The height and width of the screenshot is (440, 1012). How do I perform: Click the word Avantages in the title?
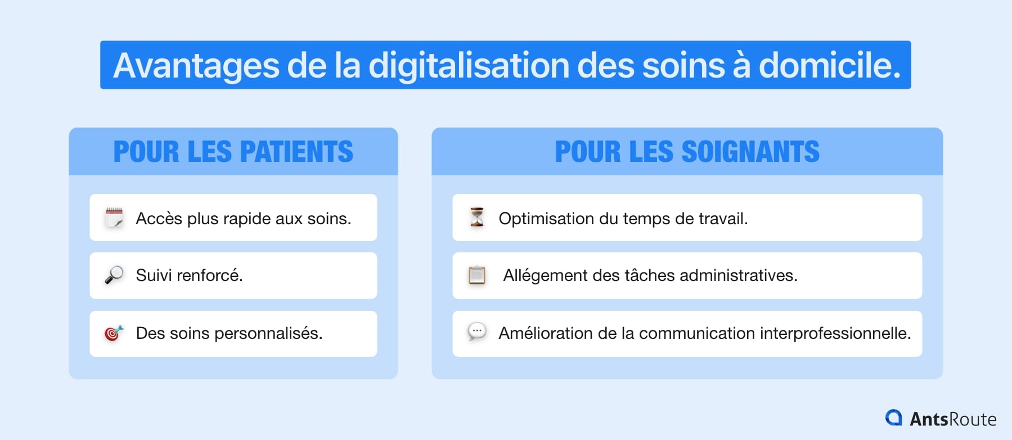[196, 66]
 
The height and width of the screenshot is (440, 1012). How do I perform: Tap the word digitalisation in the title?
[469, 66]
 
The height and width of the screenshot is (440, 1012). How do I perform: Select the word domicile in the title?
[830, 66]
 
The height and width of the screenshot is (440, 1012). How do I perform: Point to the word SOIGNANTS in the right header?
[750, 152]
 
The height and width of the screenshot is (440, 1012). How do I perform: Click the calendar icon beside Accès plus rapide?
[114, 217]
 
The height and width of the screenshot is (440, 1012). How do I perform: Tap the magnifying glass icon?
[114, 275]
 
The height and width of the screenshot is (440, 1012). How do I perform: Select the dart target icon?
[114, 333]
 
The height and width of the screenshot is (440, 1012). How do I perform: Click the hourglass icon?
[477, 217]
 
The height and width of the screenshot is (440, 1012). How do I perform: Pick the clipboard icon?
[477, 275]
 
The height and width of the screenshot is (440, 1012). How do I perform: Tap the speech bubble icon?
[477, 332]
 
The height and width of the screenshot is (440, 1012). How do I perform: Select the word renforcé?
[209, 275]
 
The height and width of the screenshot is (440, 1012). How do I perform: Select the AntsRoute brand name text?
[953, 419]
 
